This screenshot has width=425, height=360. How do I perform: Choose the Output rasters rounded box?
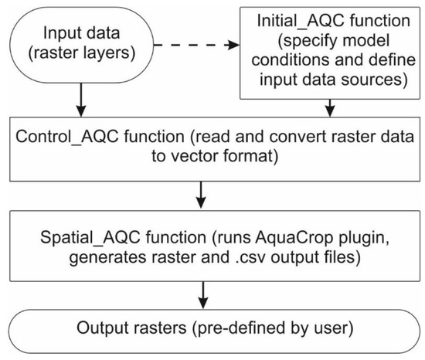click(212, 330)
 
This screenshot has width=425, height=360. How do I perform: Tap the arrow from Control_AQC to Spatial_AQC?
click(202, 194)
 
